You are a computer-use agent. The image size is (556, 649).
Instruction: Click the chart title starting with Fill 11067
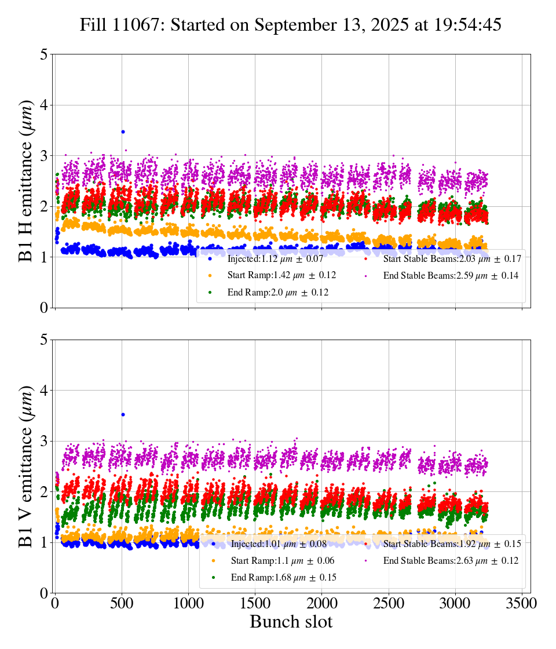click(290, 25)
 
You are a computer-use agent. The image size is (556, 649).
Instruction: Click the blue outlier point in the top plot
click(123, 132)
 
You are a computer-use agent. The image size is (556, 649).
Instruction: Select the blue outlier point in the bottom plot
click(123, 414)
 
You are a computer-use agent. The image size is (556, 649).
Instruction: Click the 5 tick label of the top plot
click(44, 55)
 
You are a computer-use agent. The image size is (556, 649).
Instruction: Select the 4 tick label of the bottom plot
click(44, 391)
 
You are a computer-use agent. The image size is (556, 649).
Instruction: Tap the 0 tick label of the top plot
click(44, 308)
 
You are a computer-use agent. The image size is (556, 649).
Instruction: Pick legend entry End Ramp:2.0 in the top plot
click(278, 293)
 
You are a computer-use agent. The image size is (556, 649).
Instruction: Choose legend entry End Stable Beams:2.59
click(451, 276)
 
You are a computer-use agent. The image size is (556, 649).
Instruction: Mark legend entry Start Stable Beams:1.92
click(452, 544)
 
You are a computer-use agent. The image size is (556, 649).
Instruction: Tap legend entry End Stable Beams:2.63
click(451, 561)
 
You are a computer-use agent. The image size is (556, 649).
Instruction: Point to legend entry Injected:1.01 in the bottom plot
click(279, 544)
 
